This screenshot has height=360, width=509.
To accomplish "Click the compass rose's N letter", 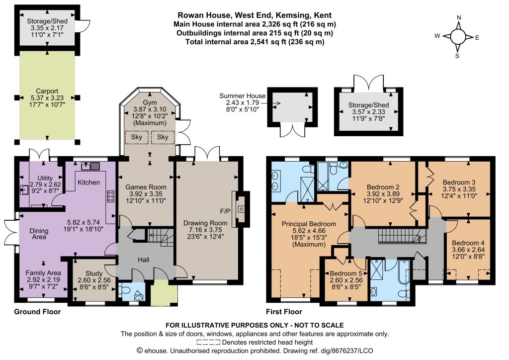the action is click(459, 18).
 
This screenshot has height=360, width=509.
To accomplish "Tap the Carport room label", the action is click(47, 91).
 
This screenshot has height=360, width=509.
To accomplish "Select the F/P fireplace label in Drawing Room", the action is click(225, 212).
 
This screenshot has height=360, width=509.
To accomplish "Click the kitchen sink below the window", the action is click(90, 166).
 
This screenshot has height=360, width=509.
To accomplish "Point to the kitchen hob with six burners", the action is click(110, 196).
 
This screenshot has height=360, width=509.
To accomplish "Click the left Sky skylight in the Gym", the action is click(137, 137).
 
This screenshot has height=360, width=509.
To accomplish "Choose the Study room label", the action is click(94, 273).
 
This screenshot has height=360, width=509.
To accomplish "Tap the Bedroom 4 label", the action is click(468, 243).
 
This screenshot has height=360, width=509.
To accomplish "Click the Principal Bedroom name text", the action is click(309, 224).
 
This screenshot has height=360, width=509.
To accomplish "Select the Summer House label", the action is click(242, 96).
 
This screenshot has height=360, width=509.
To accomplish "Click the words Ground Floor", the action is click(37, 312).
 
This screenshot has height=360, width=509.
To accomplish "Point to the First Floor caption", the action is click(284, 312).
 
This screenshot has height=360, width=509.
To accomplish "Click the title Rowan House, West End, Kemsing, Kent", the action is click(254, 15).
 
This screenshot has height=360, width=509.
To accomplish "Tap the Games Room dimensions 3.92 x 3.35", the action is click(146, 194).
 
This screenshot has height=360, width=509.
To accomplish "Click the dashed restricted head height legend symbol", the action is click(208, 342).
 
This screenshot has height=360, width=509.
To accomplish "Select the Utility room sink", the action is click(24, 189).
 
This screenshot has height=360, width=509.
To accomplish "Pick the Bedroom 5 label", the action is click(346, 273).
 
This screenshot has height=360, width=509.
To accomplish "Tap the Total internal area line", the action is click(255, 42).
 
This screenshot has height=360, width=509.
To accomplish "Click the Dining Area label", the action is click(39, 234).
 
